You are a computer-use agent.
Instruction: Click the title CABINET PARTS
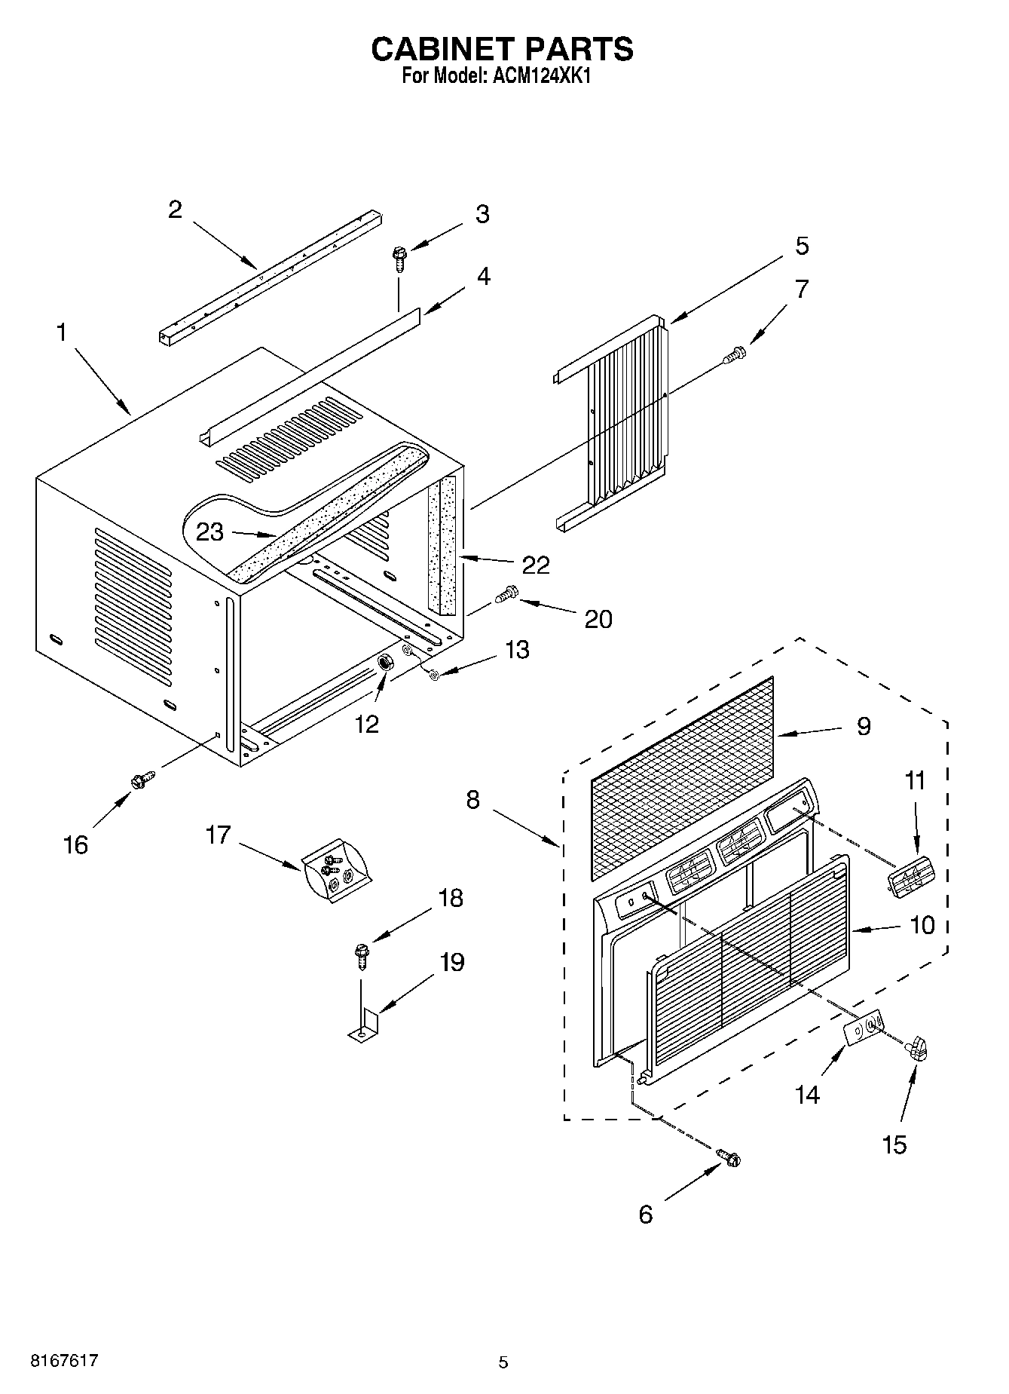503,49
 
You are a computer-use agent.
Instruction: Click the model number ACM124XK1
537,76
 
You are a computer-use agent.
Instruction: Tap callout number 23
210,532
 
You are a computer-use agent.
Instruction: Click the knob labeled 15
917,1048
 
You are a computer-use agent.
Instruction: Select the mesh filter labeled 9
682,777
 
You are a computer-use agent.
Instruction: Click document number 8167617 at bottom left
63,1361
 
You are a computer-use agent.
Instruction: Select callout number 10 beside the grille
922,924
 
